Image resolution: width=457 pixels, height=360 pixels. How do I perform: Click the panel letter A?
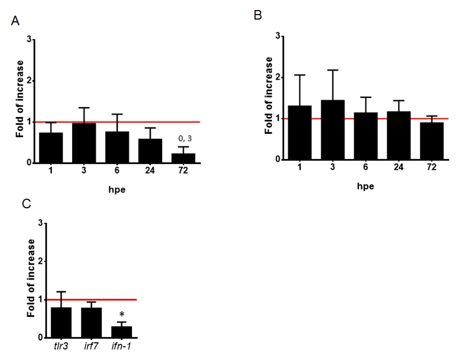pyautogui.click(x=16, y=21)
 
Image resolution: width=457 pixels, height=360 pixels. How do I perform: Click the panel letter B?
pyautogui.click(x=258, y=16)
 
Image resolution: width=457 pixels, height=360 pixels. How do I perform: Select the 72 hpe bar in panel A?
pyautogui.click(x=183, y=158)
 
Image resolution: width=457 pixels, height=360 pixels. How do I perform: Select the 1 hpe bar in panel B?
pyautogui.click(x=300, y=132)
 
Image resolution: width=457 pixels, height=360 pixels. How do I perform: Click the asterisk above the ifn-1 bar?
pyautogui.click(x=122, y=315)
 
